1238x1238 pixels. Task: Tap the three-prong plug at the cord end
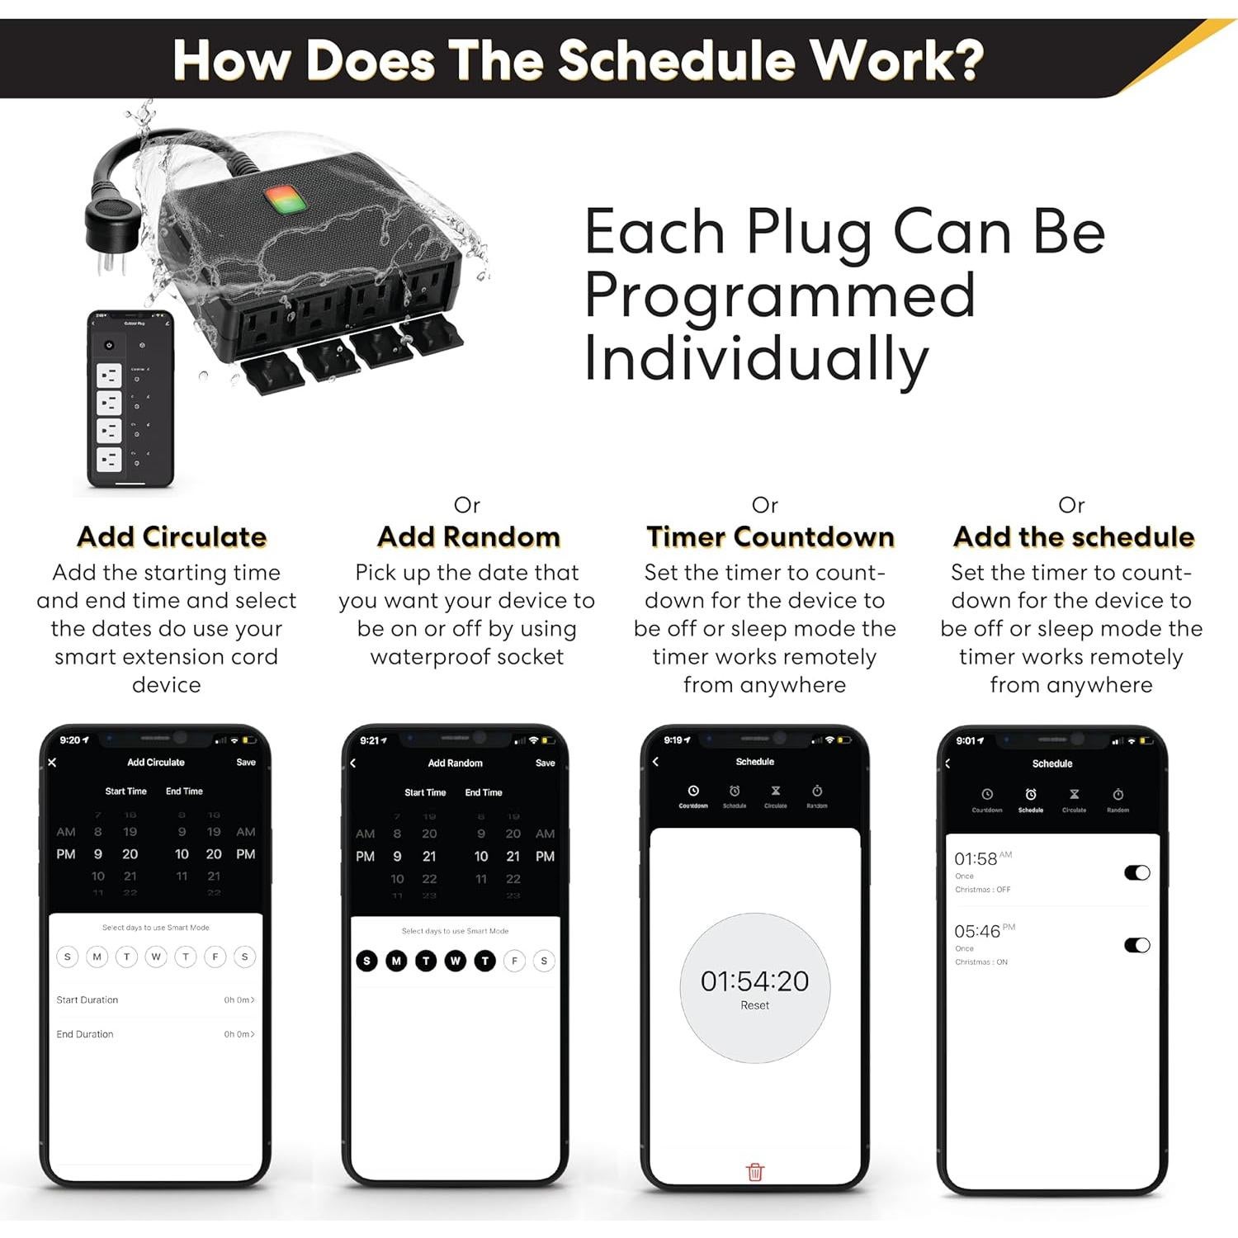coord(107,227)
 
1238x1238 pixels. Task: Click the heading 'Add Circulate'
coord(172,536)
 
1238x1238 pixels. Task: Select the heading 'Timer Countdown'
coord(770,536)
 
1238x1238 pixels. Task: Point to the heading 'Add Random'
coord(468,536)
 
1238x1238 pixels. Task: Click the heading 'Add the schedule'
coord(1073,536)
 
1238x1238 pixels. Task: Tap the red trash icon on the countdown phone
coord(754,1171)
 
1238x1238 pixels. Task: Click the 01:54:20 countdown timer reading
coord(754,980)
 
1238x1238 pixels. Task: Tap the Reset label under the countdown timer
coord(754,1005)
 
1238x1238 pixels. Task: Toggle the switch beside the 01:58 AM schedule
coord(1136,872)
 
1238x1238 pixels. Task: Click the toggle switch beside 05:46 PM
coord(1136,945)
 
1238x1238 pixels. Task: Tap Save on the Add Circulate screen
coord(246,762)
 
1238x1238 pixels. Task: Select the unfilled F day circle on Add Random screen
coord(514,961)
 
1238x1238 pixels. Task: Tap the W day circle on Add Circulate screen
coord(156,957)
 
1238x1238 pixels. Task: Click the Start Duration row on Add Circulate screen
coord(155,999)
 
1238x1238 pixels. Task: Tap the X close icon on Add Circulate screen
coord(52,762)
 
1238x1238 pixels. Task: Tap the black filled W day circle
coord(456,961)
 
